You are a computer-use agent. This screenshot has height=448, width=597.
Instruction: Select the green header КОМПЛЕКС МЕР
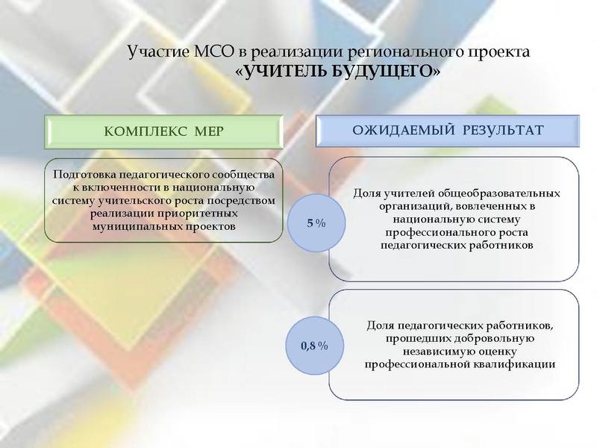coord(164,131)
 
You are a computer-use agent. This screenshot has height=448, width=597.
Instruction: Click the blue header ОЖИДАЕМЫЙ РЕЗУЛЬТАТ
coord(448,131)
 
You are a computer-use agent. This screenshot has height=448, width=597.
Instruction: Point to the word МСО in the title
coord(213,53)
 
